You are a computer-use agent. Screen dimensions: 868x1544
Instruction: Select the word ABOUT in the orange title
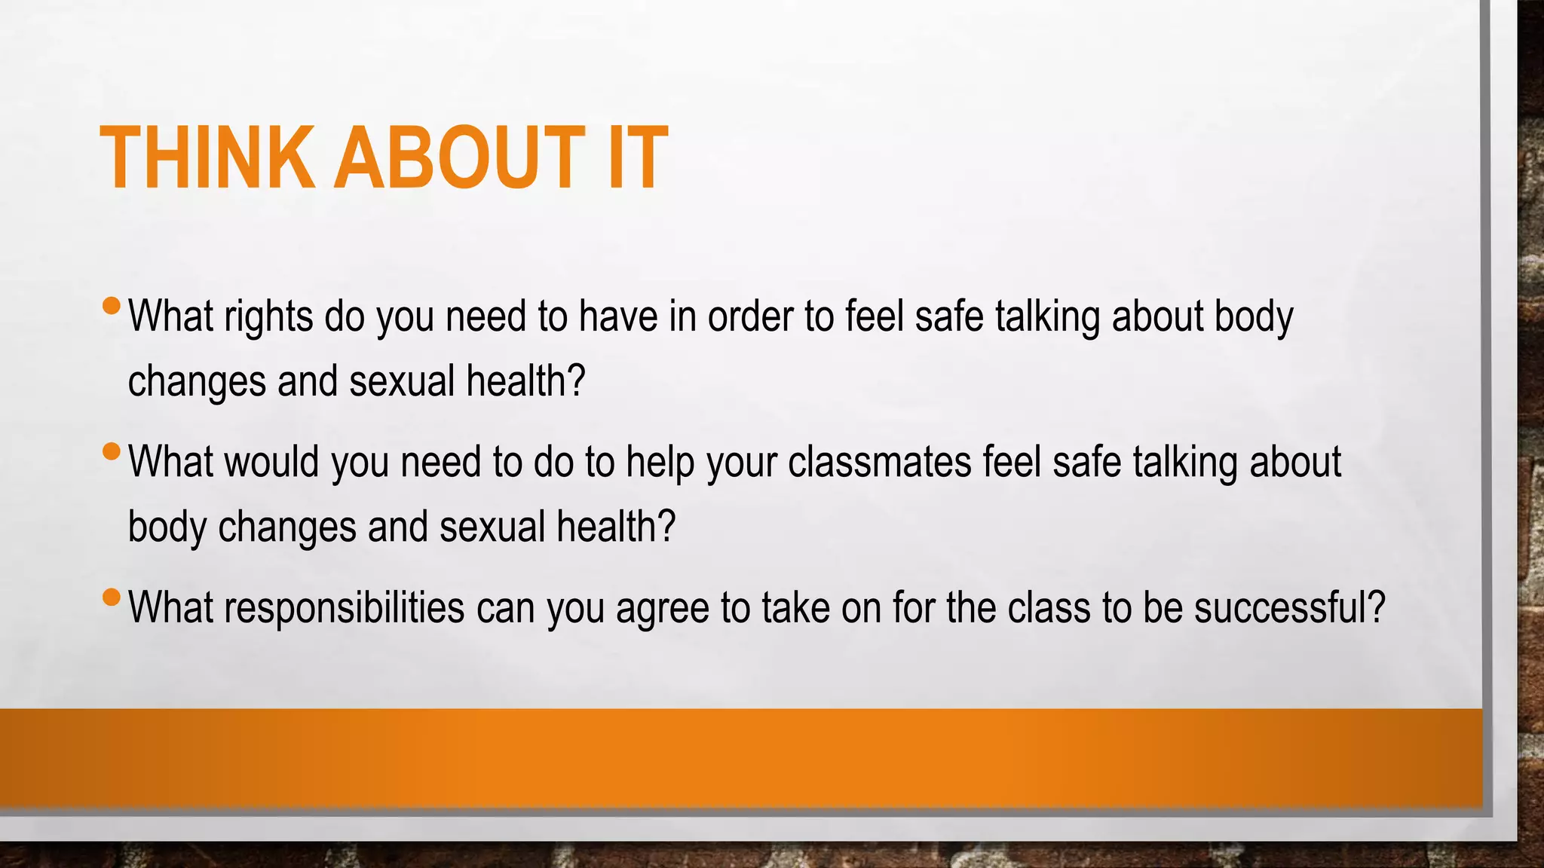coord(459,157)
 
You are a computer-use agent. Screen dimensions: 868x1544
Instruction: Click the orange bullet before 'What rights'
coord(111,306)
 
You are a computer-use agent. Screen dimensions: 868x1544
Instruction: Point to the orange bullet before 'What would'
coord(111,451)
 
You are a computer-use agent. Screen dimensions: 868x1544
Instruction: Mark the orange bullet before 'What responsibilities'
coord(111,598)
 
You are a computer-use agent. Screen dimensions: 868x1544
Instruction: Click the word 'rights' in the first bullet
coord(268,316)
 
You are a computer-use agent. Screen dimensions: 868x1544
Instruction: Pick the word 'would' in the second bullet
coord(271,462)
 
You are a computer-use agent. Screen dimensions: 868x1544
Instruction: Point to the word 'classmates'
coord(879,462)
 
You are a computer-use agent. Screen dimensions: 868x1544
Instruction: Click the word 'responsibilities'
coord(344,608)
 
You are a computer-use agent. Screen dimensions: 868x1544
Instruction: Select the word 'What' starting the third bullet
coord(170,608)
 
